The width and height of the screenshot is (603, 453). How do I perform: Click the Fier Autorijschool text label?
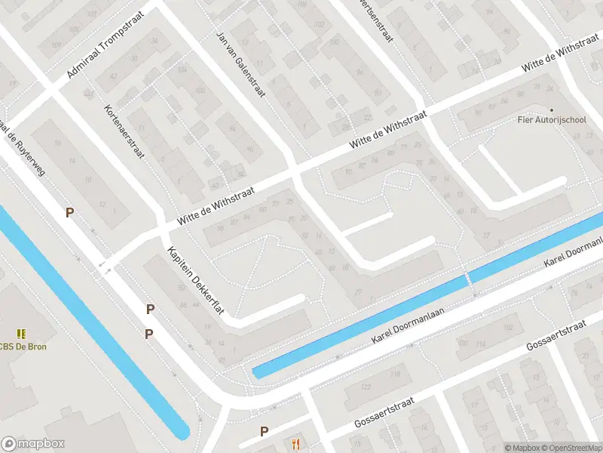point(551,120)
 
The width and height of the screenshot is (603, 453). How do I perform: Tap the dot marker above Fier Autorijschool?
point(550,110)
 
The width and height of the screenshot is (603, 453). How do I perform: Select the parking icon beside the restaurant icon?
point(264,431)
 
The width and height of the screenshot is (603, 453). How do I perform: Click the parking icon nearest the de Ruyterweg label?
point(69,213)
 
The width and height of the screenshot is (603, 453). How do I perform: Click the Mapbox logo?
point(33,444)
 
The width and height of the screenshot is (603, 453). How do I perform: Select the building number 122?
point(367,387)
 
